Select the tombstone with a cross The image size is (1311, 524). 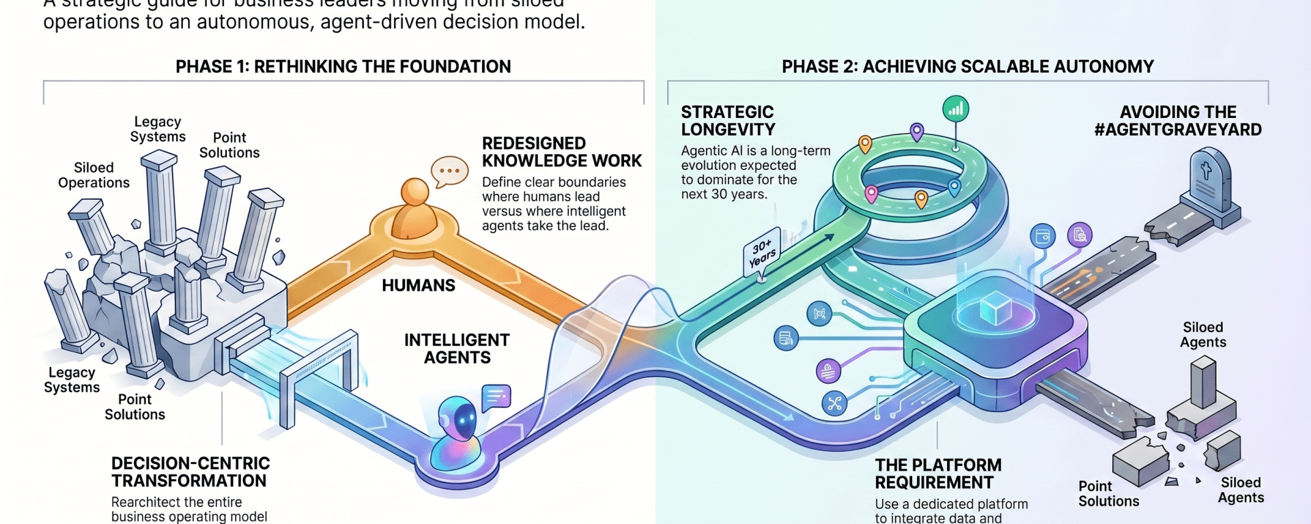pos(1209,180)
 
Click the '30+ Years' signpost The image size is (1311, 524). pos(762,252)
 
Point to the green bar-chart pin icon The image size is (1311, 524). pos(955,109)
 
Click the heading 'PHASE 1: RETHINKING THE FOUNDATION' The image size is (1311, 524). pos(343,67)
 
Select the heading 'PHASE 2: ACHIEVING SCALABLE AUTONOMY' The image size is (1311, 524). pos(968,67)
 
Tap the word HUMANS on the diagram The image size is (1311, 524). pos(418,286)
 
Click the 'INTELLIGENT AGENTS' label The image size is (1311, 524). pos(457,349)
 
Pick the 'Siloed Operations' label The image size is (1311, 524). pos(94,175)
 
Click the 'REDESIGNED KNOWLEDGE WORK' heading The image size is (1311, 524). pos(561,152)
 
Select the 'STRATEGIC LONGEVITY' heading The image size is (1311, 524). pos(728,121)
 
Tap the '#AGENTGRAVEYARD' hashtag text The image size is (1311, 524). pos(1178,130)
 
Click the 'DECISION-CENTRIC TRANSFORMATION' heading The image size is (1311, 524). pos(191,472)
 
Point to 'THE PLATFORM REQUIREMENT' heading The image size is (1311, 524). pos(938,474)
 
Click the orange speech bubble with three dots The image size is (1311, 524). pos(449,171)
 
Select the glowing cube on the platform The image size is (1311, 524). pos(996,308)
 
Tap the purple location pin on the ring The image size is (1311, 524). pos(917,131)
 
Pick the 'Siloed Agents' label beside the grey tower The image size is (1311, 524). pos(1203,335)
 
